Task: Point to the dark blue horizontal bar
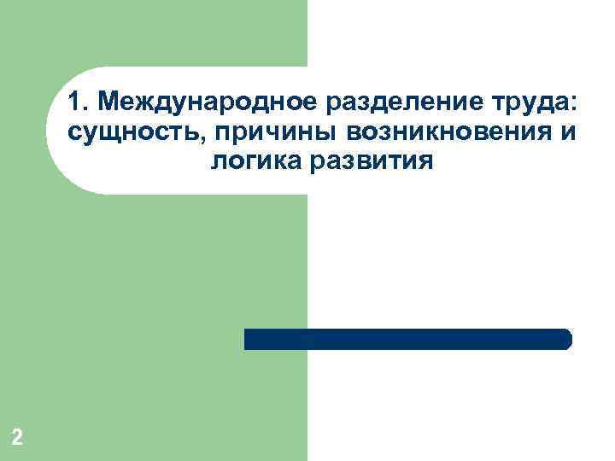[x=407, y=339]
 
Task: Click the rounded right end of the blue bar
[x=566, y=339]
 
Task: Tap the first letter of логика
[x=214, y=161]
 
